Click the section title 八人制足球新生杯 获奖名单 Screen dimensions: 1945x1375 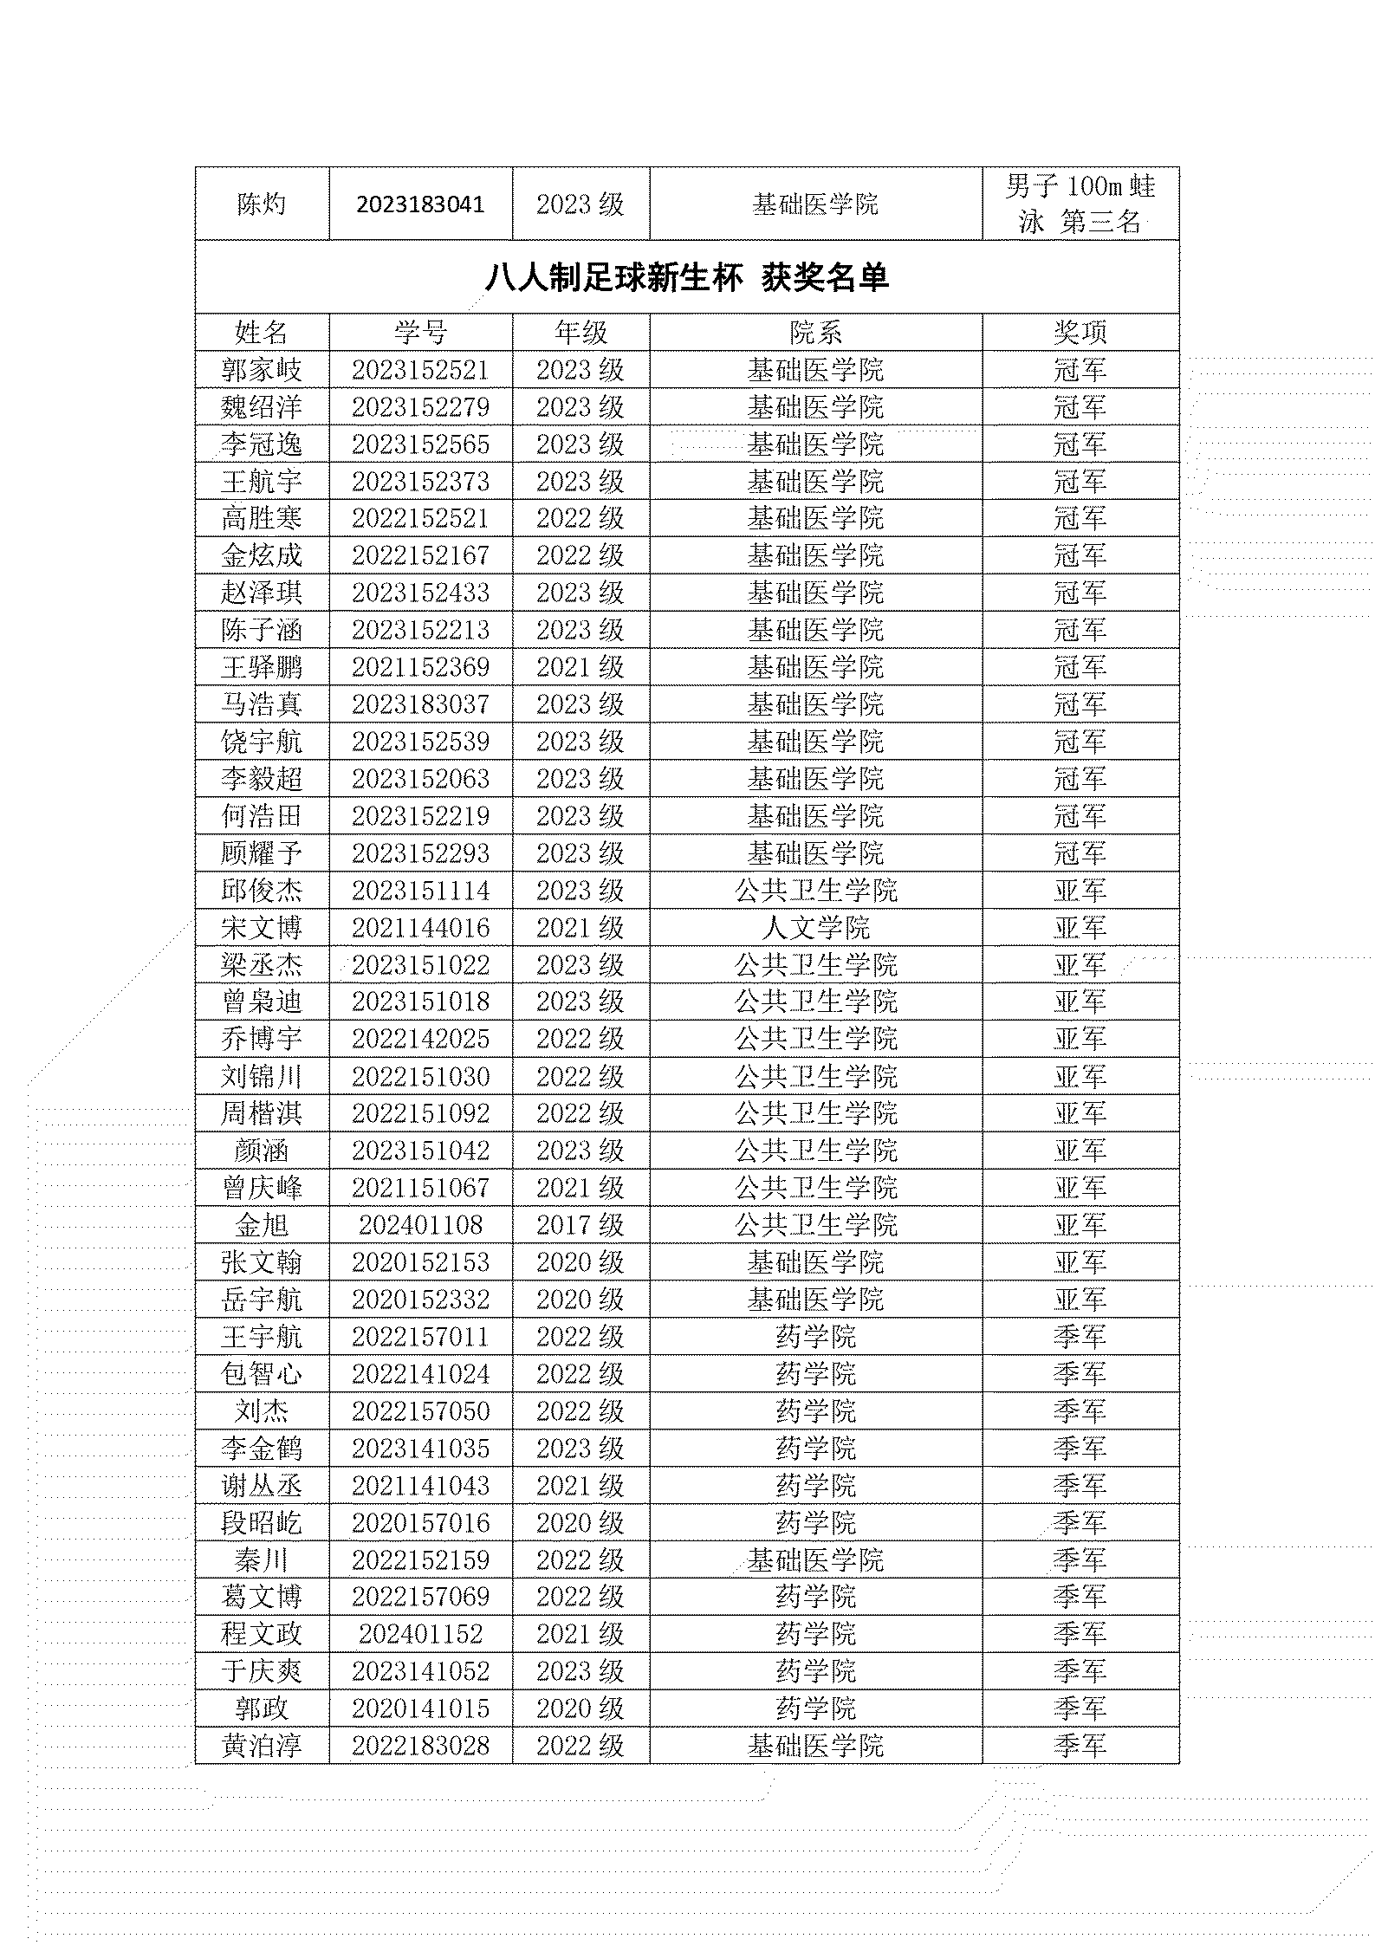(686, 278)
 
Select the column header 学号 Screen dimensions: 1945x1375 (420, 333)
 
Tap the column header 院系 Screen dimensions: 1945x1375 (815, 333)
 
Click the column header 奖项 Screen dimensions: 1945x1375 (1080, 333)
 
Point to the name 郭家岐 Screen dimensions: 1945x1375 (262, 371)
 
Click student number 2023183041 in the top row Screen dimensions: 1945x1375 (420, 204)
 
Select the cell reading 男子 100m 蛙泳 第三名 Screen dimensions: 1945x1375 (1080, 204)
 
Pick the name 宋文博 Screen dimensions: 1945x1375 (262, 928)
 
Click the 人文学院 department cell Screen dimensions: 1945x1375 (815, 928)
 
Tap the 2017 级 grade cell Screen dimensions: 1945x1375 (580, 1225)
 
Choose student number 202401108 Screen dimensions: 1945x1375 (420, 1225)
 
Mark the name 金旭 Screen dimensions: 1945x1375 (262, 1225)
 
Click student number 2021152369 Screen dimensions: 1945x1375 (420, 667)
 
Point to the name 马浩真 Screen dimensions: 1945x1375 (262, 704)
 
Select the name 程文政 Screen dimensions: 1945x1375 (262, 1634)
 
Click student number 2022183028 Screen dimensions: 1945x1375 (420, 1746)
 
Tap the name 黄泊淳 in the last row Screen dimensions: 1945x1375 (262, 1746)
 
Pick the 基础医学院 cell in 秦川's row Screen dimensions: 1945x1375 (815, 1560)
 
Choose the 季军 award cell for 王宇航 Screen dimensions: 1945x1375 (1080, 1337)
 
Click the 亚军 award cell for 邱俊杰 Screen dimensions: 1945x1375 (1080, 891)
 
